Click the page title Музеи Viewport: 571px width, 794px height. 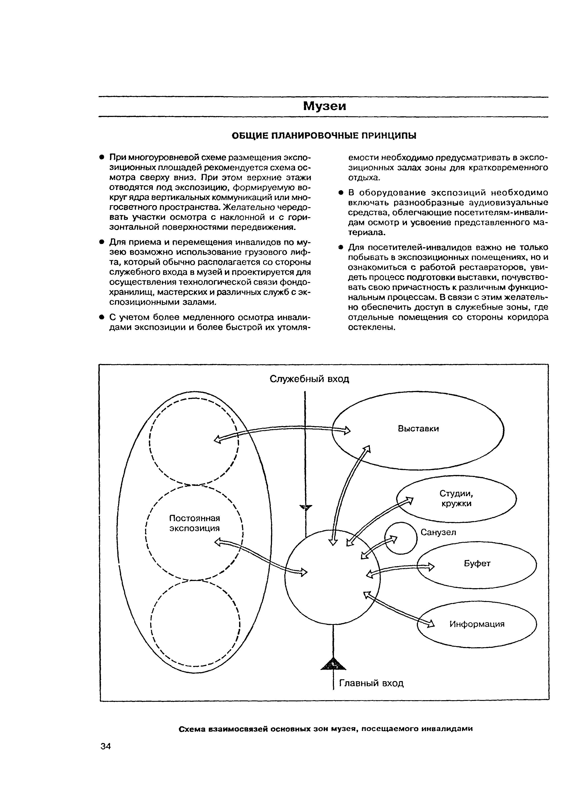click(324, 106)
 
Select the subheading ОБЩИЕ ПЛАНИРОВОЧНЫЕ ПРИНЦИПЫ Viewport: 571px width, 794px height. click(324, 135)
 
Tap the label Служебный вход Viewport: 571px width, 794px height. click(309, 379)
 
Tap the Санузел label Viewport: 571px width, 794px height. click(438, 532)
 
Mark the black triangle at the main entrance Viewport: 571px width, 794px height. click(333, 664)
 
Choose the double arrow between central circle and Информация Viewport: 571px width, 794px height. click(399, 608)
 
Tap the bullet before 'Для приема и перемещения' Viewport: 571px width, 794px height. click(101, 242)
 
